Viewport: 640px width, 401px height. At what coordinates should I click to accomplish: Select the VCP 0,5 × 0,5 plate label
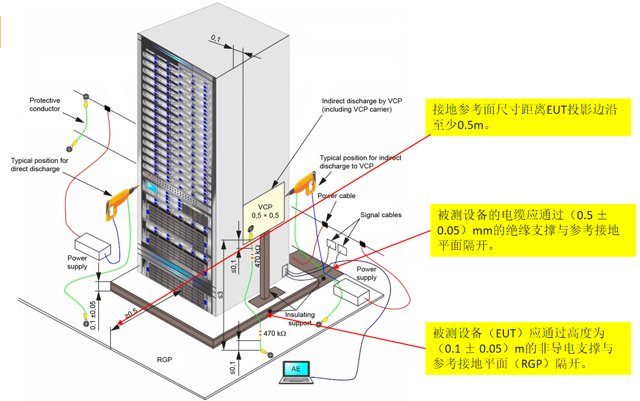click(264, 211)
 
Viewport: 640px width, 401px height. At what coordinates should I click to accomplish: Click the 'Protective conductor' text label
click(45, 104)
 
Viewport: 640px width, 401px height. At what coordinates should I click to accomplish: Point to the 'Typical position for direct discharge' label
click(40, 164)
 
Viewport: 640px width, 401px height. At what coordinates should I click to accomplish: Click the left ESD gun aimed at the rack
click(119, 202)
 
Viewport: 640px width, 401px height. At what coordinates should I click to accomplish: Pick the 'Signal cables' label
click(380, 215)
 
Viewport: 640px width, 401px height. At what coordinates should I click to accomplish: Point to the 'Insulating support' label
click(300, 319)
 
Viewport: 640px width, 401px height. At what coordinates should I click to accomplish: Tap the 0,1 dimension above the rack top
click(216, 38)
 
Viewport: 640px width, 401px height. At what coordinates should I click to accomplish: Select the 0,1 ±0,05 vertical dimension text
click(93, 315)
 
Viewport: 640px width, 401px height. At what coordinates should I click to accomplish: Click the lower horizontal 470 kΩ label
click(274, 334)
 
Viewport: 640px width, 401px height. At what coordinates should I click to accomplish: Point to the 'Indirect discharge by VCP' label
click(356, 105)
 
